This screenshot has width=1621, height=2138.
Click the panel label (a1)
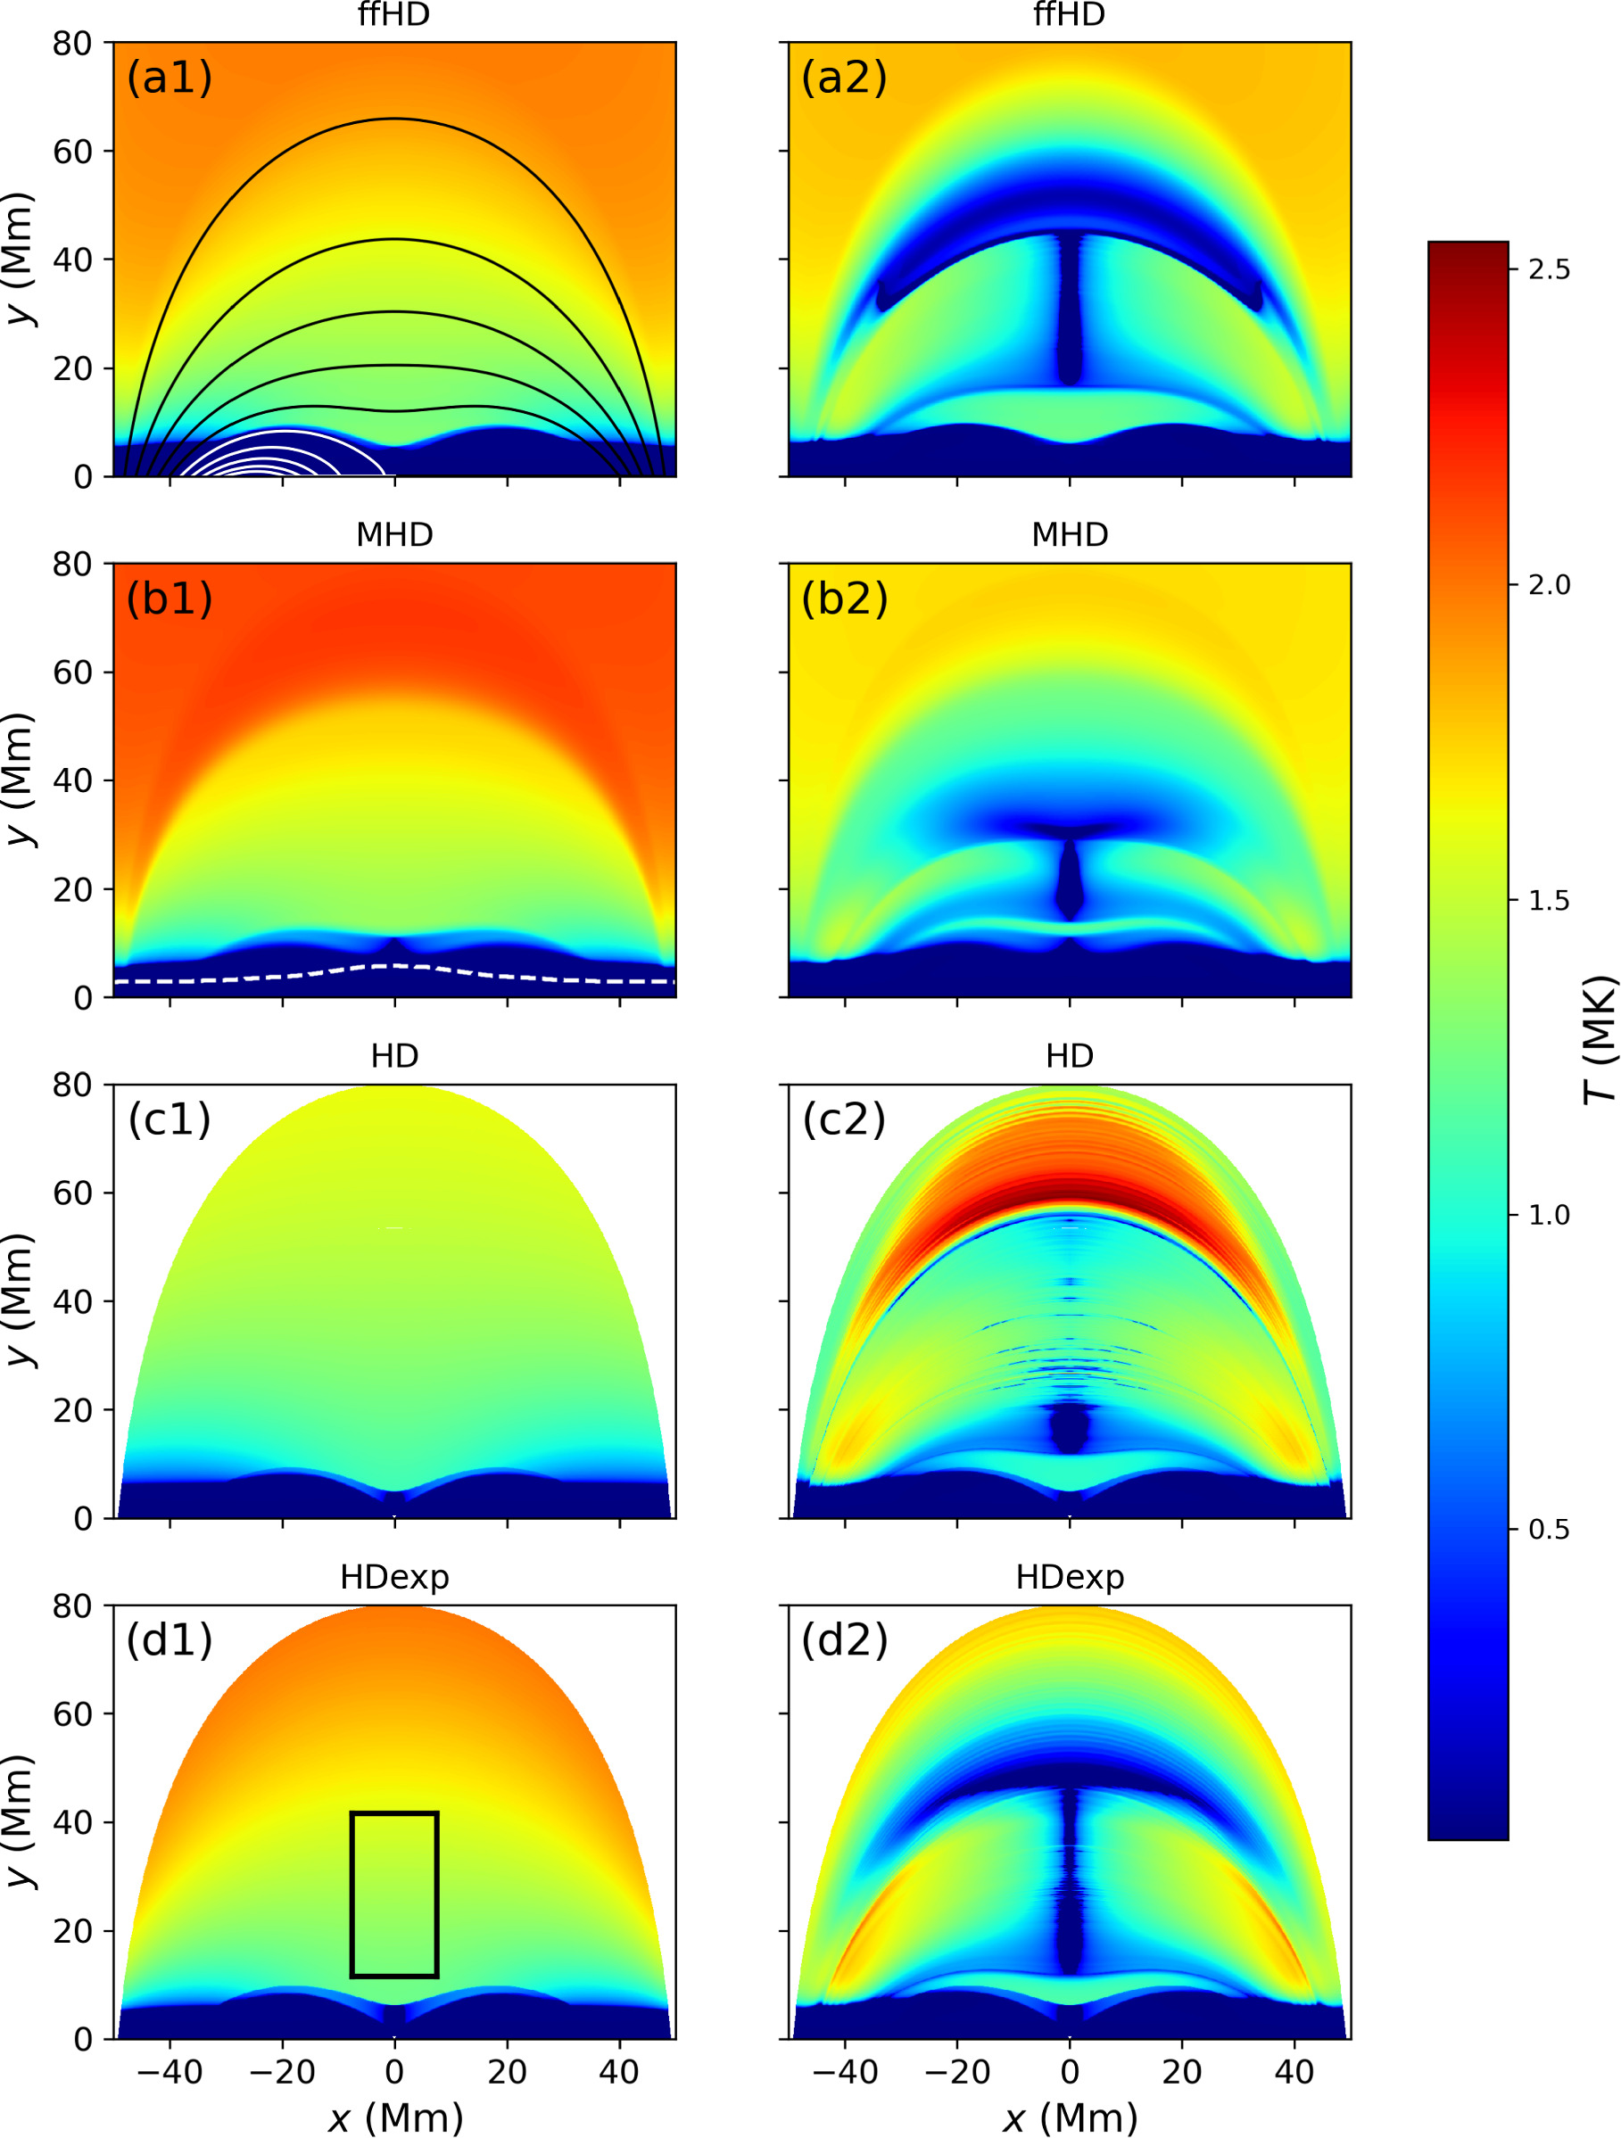pyautogui.click(x=170, y=78)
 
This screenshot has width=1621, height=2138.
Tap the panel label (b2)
pyautogui.click(x=844, y=599)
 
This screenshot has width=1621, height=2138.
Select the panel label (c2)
pyautogui.click(x=844, y=1119)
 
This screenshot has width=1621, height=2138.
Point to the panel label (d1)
pyautogui.click(x=170, y=1640)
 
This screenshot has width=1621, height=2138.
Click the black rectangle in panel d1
pyautogui.click(x=351, y=1894)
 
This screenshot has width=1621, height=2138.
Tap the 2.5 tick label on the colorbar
pyautogui.click(x=1549, y=269)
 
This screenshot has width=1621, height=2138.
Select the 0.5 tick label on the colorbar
pyautogui.click(x=1549, y=1530)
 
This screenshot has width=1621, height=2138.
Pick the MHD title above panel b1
pyautogui.click(x=394, y=534)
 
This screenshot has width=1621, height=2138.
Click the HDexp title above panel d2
pyautogui.click(x=1069, y=1577)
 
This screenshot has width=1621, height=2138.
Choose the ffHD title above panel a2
pyautogui.click(x=1069, y=14)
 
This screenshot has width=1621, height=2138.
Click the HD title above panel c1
pyautogui.click(x=394, y=1055)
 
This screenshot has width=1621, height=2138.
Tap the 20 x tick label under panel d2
pyautogui.click(x=1181, y=2071)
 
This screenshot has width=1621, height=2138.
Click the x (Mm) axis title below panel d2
pyautogui.click(x=1069, y=2117)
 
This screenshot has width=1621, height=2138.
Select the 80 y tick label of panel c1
pyautogui.click(x=72, y=1085)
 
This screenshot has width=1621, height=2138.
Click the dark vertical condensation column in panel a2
pyautogui.click(x=1069, y=310)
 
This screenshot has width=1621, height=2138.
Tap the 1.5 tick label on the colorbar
pyautogui.click(x=1549, y=900)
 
